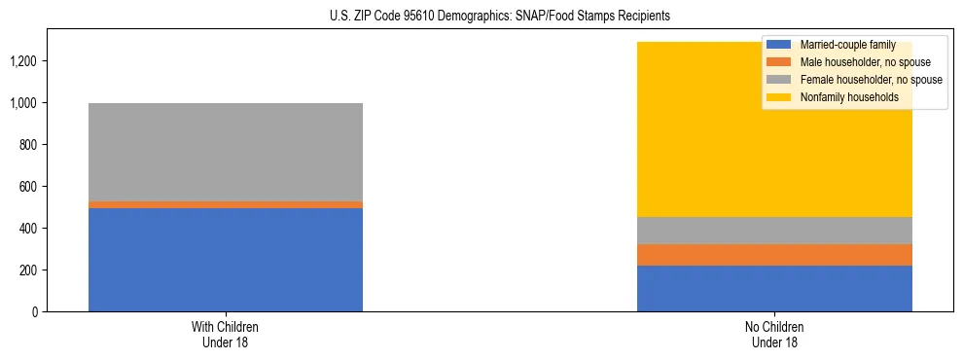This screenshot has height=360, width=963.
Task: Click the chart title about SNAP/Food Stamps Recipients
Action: coord(481,17)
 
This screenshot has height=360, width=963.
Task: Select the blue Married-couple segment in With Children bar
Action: coord(226,259)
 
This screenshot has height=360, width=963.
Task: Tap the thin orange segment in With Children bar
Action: coord(226,204)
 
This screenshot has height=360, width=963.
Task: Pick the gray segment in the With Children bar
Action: coord(226,152)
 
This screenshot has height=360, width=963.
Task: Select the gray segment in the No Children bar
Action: coord(774,231)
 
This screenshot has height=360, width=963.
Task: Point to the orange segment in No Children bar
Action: coord(774,254)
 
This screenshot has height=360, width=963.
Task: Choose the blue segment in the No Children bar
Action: coord(774,288)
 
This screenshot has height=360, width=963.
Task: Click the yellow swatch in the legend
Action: coord(779,97)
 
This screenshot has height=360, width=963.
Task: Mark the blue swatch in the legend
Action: coord(779,45)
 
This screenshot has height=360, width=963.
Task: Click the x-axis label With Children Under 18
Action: coord(226,335)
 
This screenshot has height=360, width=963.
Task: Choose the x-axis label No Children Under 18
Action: coord(774,335)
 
